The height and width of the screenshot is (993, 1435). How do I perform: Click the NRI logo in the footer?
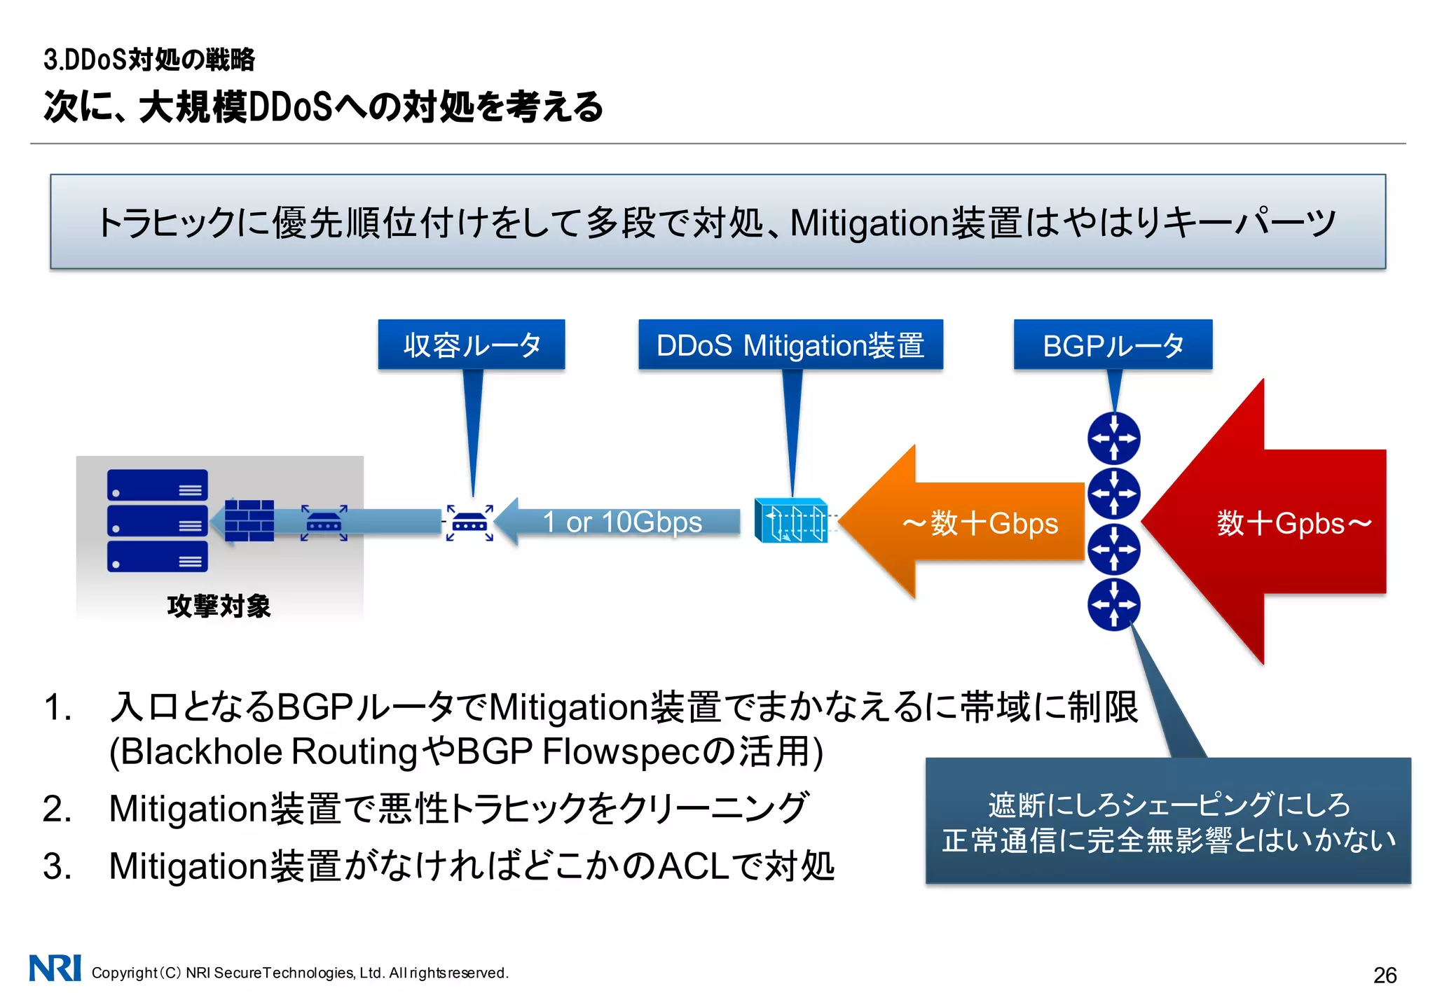coord(55,968)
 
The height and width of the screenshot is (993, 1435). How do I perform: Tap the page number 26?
coord(1385,975)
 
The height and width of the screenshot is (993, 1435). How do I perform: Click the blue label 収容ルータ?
coord(471,345)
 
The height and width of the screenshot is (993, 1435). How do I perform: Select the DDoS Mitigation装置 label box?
coord(790,345)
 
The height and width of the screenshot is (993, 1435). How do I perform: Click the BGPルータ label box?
coord(1113,345)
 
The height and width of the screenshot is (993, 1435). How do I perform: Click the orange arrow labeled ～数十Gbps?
coord(974,522)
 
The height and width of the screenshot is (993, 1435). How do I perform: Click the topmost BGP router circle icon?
coord(1113,438)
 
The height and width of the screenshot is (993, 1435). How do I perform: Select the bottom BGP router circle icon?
coord(1113,604)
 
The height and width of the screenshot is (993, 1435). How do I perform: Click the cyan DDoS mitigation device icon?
coord(790,521)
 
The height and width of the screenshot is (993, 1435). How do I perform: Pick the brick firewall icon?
coord(249,521)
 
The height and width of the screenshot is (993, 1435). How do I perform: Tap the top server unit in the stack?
coord(158,485)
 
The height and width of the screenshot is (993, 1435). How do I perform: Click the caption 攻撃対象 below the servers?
coord(219,606)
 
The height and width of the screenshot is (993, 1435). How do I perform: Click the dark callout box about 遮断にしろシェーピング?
coord(1167,821)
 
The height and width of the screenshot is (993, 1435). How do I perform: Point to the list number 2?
coord(57,809)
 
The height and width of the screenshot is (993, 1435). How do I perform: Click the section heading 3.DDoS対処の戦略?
coord(149,60)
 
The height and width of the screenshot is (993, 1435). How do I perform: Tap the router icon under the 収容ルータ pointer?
coord(469,522)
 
